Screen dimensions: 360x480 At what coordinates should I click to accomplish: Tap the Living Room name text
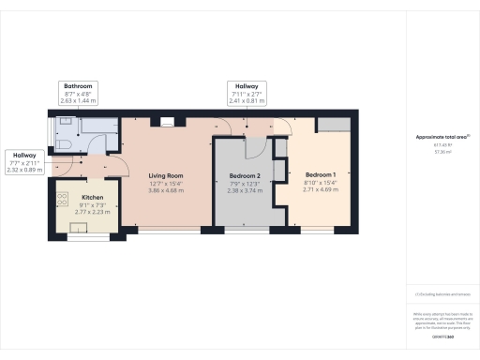166,175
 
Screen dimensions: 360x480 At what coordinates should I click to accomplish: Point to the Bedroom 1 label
322,173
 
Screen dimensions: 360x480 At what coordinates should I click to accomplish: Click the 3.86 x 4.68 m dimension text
166,190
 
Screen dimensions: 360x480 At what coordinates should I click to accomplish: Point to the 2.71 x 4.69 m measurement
322,188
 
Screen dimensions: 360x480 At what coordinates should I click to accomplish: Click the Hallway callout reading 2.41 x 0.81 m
248,94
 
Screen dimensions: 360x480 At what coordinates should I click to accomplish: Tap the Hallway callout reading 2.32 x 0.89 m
24,163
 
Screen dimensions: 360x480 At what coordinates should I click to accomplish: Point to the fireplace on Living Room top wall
166,120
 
